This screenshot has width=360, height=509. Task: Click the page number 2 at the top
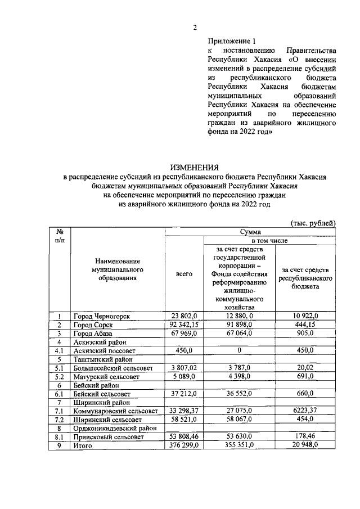(x=195, y=28)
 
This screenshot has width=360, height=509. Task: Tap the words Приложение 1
(x=231, y=41)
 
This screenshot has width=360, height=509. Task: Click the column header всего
(x=184, y=274)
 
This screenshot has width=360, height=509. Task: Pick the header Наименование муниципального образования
(x=118, y=269)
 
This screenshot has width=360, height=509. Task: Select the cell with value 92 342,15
(x=184, y=325)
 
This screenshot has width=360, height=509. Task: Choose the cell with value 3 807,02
(x=184, y=367)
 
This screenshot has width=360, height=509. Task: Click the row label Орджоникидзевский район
(x=114, y=427)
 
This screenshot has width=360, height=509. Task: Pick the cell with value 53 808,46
(x=184, y=436)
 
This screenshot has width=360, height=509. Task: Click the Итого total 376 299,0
(x=184, y=445)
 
